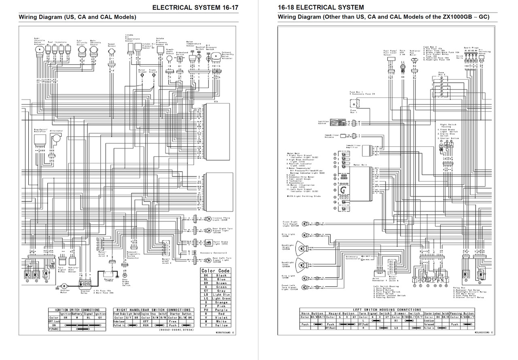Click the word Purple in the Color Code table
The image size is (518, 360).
[222, 310]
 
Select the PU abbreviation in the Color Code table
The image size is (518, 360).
[206, 310]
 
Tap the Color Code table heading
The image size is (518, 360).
[215, 271]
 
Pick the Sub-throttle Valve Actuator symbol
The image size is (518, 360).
[40, 49]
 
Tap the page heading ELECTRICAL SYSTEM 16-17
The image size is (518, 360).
[192, 7]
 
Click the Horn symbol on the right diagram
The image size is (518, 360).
[403, 66]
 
